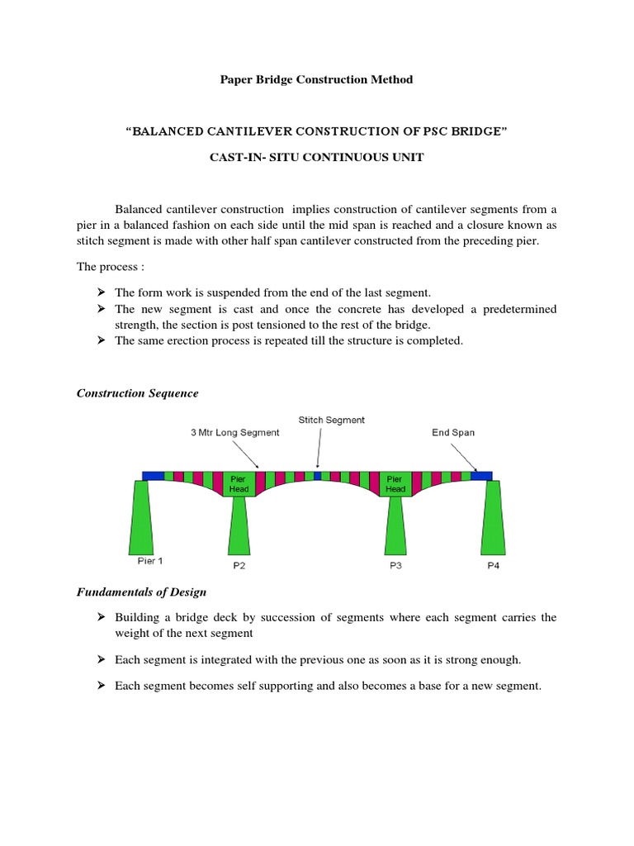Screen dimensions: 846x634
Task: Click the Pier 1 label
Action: click(150, 561)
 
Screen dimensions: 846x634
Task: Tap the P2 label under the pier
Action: click(239, 566)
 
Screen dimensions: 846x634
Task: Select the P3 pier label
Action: click(396, 566)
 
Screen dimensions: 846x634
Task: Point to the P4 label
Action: click(493, 566)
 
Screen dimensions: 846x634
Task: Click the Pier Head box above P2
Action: click(238, 484)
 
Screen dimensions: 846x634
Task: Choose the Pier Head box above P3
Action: click(395, 484)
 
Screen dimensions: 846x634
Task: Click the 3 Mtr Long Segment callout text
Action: click(235, 432)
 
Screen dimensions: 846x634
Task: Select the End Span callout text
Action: click(453, 432)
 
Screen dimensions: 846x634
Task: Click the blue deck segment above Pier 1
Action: click(153, 476)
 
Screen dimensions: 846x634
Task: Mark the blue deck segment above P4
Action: click(482, 476)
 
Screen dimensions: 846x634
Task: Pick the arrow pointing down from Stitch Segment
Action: click(319, 449)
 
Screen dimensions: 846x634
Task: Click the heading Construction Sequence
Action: click(138, 393)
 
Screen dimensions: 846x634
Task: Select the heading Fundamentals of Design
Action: click(141, 592)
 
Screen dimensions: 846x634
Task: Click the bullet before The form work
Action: click(101, 292)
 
